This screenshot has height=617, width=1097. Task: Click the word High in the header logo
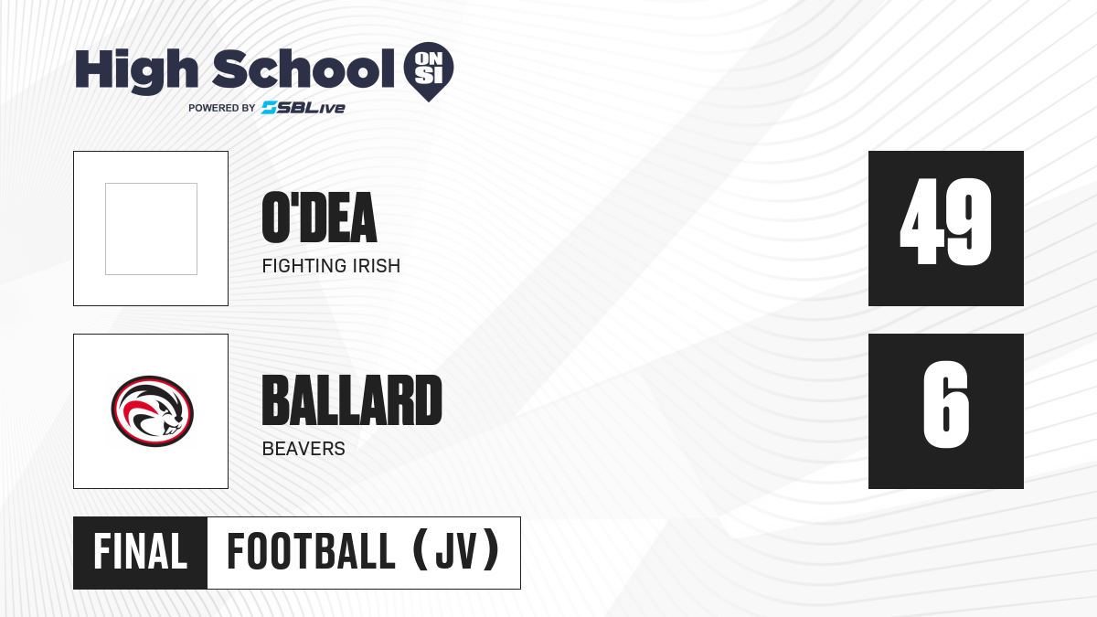pos(136,70)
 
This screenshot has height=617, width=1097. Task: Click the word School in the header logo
pos(304,69)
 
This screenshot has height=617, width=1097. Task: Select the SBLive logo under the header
pos(304,108)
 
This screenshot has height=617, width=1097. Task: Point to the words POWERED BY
pos(222,108)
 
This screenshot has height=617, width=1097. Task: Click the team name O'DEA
pos(319,218)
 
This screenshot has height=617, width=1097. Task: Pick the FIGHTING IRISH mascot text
pos(331,266)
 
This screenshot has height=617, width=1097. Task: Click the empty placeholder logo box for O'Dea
pos(151,229)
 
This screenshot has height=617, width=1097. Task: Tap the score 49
pos(945,221)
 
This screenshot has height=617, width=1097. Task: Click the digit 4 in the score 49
pos(921,221)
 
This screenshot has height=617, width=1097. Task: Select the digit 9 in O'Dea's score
pos(970,221)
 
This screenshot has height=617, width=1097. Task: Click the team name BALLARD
pos(352,400)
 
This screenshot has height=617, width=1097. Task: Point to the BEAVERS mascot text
pos(304,449)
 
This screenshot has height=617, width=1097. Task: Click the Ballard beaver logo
pos(152,411)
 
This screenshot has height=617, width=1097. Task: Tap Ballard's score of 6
pos(945,404)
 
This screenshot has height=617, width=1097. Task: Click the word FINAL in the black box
pos(140,552)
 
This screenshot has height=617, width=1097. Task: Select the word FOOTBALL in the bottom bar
pos(311,552)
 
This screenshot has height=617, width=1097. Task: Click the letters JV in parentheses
pos(456,552)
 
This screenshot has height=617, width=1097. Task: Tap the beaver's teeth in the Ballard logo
pos(173,431)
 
